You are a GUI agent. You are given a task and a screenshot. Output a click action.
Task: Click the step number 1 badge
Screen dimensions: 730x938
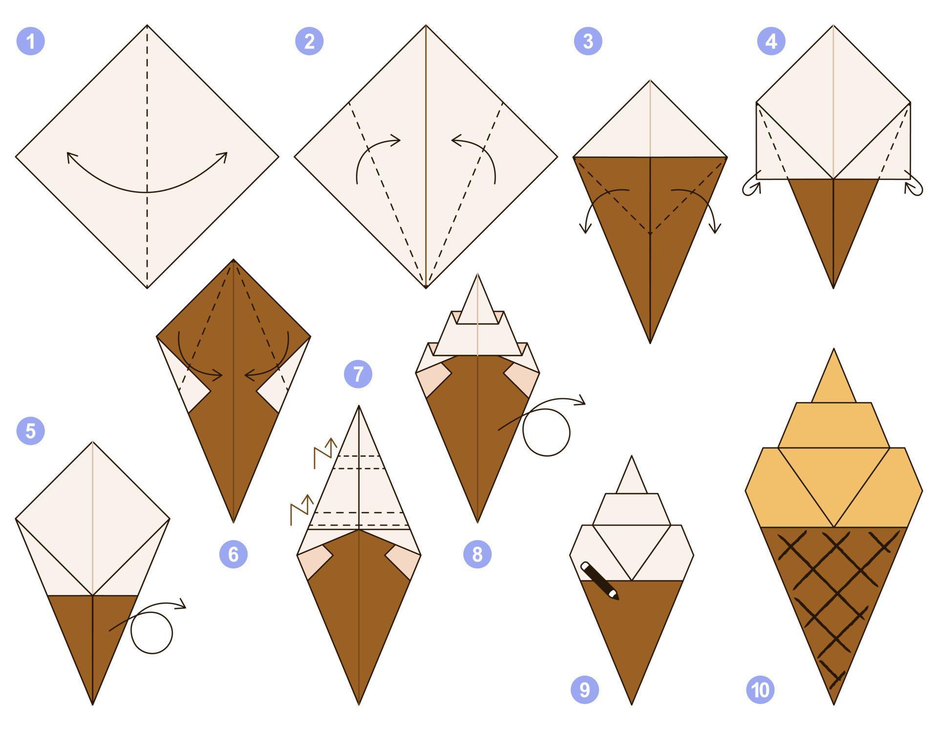[x=31, y=41]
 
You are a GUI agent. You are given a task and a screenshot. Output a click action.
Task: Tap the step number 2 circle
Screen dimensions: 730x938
[x=309, y=41]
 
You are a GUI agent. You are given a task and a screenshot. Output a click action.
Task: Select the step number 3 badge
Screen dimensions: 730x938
[x=588, y=41]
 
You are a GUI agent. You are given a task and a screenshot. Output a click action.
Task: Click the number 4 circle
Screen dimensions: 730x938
[x=771, y=41]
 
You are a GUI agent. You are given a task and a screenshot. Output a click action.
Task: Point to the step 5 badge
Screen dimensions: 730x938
[x=31, y=431]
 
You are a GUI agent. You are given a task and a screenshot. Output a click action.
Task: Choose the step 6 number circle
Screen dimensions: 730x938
[x=234, y=554]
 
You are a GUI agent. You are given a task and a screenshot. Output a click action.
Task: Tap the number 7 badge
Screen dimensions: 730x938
[x=358, y=374]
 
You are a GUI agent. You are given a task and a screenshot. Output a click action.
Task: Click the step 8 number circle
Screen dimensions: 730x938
[x=477, y=554]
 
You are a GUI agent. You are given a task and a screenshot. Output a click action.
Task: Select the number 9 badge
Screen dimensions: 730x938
[x=585, y=689]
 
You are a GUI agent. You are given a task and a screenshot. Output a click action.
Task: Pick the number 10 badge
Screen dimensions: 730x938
[x=760, y=689]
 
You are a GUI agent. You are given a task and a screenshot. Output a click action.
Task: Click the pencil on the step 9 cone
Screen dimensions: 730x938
[x=599, y=580]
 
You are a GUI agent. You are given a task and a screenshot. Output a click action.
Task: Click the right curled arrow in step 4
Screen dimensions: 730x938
[x=913, y=186]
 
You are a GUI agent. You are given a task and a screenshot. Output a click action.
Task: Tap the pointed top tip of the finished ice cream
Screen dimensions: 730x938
[x=833, y=351]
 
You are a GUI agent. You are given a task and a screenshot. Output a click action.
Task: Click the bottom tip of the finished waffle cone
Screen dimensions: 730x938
[x=833, y=702]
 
